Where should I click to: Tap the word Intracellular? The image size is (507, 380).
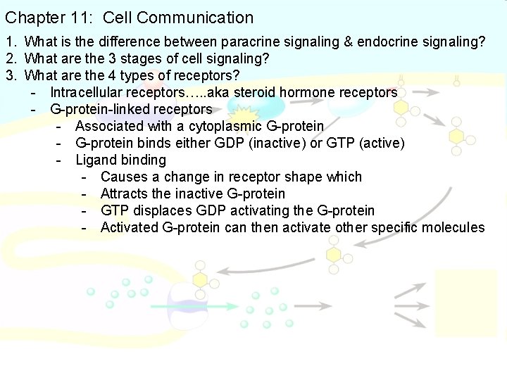pyautogui.click(x=89, y=93)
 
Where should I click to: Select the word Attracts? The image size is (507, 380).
pyautogui.click(x=124, y=194)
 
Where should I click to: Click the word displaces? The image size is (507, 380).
pyautogui.click(x=160, y=211)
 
